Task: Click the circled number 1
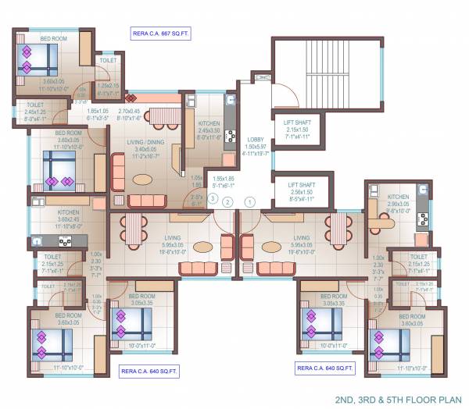(249, 201)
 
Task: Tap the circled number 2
(227, 201)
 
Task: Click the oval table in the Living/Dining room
(143, 180)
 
